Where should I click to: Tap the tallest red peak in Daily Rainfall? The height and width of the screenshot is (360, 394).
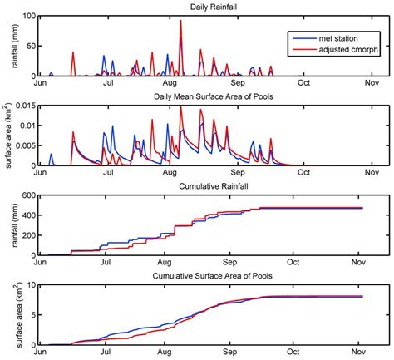pos(181,22)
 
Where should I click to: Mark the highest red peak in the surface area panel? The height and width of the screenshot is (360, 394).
pos(182,106)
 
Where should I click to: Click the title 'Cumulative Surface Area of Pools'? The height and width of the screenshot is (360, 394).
pos(204,276)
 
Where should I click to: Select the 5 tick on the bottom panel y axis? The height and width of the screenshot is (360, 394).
pos(31,315)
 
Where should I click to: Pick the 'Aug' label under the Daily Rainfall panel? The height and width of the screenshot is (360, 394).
pos(171,84)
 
